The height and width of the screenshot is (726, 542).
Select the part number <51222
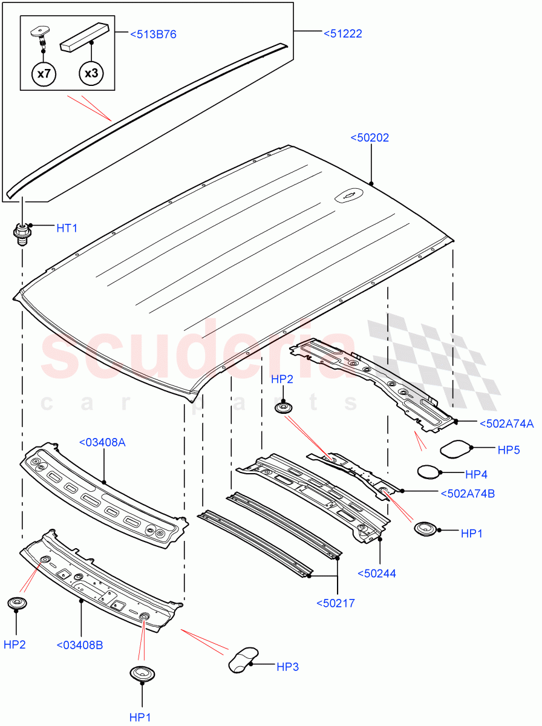click(342, 34)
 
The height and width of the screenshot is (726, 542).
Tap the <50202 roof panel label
click(370, 138)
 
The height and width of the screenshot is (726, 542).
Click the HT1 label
click(67, 227)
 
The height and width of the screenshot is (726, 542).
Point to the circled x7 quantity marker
click(44, 74)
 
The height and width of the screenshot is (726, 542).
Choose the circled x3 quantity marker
click(91, 74)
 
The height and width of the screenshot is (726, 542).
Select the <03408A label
click(102, 443)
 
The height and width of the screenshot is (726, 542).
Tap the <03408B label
click(80, 645)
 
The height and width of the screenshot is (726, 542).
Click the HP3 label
click(287, 667)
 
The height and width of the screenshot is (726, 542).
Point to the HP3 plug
click(243, 658)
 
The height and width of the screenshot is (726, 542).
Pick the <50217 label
click(336, 603)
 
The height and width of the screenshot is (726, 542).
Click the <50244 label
click(376, 574)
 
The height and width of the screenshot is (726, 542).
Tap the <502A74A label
click(506, 424)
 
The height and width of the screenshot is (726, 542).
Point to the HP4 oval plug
click(430, 471)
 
